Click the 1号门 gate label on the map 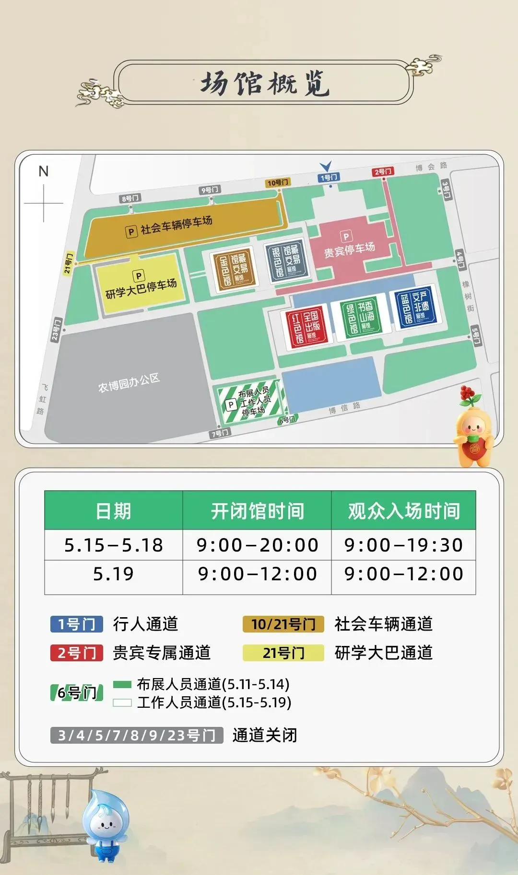click(329, 178)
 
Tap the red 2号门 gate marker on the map click(383, 172)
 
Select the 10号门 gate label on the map click(278, 183)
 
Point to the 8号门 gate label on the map click(130, 198)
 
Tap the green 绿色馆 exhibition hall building click(360, 316)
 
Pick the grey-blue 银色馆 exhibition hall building click(286, 260)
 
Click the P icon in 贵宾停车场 click(346, 236)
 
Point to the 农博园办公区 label click(129, 383)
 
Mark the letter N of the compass click(44, 171)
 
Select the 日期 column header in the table click(113, 511)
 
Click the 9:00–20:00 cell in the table click(257, 545)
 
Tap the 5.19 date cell click(113, 574)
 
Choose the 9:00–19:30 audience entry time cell click(403, 545)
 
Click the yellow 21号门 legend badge click(283, 653)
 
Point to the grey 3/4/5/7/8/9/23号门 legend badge click(137, 735)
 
